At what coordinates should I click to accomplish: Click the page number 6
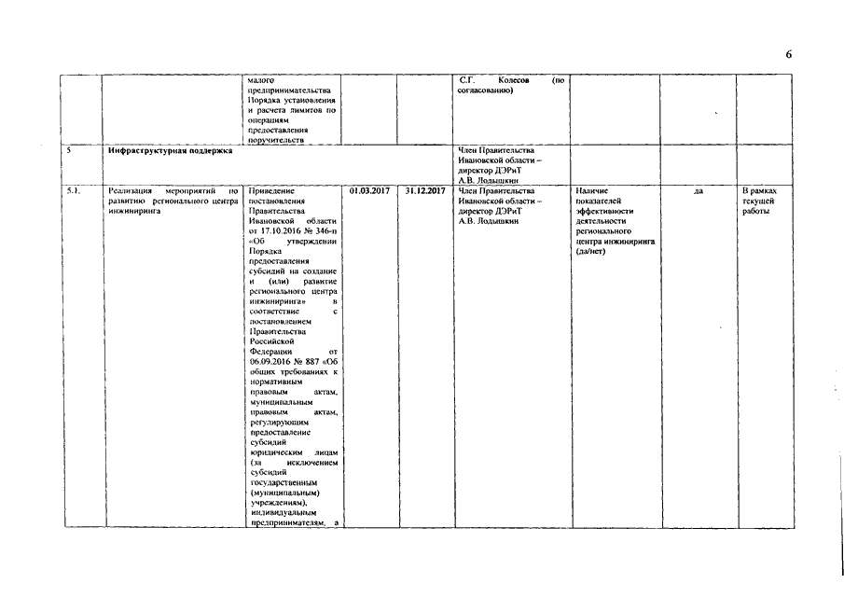(788, 54)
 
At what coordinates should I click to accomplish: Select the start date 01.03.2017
(369, 191)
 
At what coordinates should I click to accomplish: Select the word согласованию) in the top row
(483, 90)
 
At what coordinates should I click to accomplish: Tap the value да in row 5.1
(699, 191)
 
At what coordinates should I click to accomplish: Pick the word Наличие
(592, 191)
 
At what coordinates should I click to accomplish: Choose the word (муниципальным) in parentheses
(285, 493)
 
